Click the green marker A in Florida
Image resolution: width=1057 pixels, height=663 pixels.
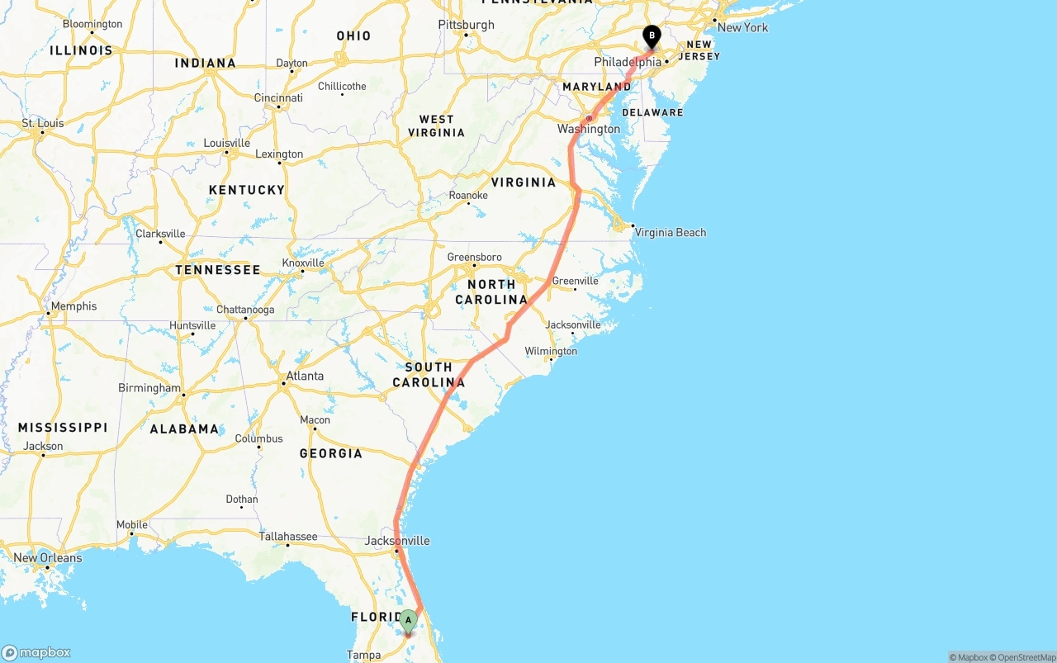pos(408,621)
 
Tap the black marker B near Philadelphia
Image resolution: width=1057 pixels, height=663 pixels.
pos(652,36)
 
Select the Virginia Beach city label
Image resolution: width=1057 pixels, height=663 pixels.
pos(670,233)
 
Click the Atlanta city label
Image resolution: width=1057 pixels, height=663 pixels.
pos(305,376)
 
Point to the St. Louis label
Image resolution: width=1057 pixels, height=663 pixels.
pos(43,124)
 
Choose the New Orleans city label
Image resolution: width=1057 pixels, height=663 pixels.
pos(48,558)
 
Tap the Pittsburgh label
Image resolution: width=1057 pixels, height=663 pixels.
pos(466,25)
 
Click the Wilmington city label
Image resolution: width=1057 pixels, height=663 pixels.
pos(551,352)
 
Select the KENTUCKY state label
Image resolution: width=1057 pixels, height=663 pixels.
pos(247,190)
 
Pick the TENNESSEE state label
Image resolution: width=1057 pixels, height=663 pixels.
pos(217,270)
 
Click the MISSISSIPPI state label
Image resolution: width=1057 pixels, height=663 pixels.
pos(63,428)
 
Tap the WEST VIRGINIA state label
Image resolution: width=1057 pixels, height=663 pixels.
pos(436,126)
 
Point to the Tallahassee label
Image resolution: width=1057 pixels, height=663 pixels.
pos(288,537)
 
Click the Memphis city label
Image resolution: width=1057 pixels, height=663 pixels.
pos(73,306)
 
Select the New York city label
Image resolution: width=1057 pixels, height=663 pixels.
pos(742,27)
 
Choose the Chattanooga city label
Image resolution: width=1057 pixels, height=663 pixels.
pos(245,310)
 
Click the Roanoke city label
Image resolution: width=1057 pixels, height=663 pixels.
pos(468,196)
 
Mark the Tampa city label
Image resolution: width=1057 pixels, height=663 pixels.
pos(363,655)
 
